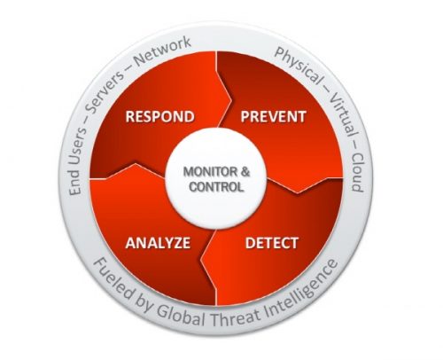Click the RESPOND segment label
tap(159, 116)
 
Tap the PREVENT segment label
tap(273, 116)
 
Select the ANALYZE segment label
tap(158, 243)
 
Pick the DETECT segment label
tap(272, 243)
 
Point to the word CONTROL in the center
tap(217, 187)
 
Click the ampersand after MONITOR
tap(245, 172)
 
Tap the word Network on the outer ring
tap(162, 51)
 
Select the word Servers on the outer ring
tap(103, 91)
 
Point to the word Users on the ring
tap(77, 145)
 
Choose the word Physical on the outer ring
tap(298, 65)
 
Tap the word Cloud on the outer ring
tap(358, 172)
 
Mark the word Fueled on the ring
tap(113, 279)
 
